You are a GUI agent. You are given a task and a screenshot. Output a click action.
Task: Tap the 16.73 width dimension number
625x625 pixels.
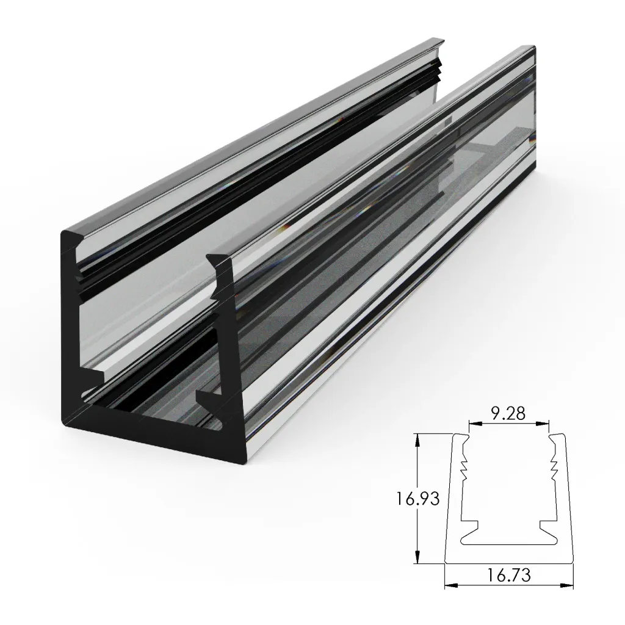[508, 574]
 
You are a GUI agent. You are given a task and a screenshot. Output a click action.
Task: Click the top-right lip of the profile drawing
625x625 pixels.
[557, 437]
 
